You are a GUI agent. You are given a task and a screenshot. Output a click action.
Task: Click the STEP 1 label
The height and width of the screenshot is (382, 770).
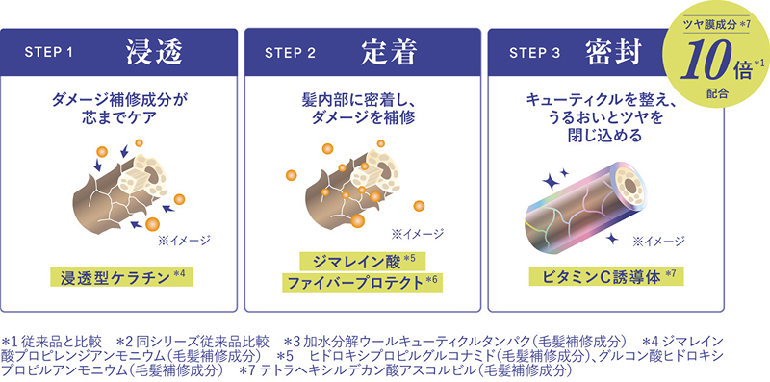49,53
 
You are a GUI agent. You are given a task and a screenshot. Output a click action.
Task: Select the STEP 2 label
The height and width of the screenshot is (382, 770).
291,53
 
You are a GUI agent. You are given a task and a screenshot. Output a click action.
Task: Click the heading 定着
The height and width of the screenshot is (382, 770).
390,52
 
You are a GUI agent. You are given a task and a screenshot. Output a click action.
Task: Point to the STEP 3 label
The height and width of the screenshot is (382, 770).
535,53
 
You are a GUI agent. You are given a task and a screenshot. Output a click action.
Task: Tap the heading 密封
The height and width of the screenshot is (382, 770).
613,52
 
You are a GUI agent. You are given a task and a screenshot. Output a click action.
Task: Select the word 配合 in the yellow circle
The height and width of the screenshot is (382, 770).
716,93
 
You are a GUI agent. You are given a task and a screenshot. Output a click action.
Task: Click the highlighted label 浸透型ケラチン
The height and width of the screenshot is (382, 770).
115,277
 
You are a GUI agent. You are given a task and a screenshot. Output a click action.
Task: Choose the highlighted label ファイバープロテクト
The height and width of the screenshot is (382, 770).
355,283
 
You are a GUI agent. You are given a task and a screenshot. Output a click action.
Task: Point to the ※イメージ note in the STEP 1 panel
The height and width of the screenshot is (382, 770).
184,241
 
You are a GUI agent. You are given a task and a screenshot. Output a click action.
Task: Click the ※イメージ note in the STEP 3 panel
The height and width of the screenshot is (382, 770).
658,242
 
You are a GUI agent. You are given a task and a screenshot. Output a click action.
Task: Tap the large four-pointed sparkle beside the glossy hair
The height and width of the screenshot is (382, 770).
551,182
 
